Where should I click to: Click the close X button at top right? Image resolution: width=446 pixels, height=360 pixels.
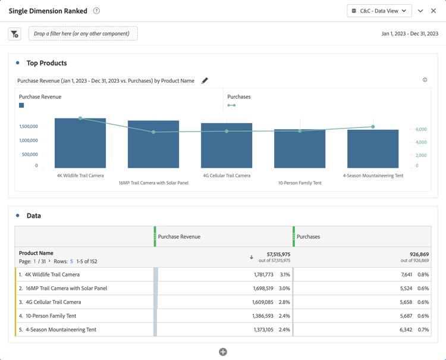[434, 11]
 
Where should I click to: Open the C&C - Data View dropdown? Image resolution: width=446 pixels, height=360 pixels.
[379, 11]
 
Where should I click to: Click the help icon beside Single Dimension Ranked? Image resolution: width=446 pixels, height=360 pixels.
[96, 11]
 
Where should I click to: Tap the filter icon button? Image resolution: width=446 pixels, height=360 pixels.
[15, 34]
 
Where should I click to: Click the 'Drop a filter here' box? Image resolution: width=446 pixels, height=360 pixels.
[83, 34]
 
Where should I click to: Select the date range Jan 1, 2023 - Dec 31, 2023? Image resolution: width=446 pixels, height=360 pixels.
[409, 34]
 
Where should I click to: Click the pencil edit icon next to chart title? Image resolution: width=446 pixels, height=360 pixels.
[205, 80]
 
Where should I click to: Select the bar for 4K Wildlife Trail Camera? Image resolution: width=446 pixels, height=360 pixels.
[80, 143]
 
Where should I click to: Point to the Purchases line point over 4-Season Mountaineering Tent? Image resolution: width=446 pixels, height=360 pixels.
[373, 127]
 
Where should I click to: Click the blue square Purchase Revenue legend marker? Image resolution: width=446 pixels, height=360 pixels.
[21, 105]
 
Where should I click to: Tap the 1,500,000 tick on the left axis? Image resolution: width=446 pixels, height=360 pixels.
[29, 127]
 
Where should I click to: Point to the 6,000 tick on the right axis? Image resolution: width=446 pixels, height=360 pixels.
[421, 129]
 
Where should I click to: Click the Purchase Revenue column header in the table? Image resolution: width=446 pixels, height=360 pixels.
[179, 237]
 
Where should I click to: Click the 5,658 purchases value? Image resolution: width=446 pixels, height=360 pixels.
[402, 302]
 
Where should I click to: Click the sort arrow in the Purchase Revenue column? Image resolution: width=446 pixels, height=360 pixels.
[252, 257]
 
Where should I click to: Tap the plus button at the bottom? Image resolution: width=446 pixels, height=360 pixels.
[223, 352]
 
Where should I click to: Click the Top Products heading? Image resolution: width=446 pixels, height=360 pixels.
[46, 63]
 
